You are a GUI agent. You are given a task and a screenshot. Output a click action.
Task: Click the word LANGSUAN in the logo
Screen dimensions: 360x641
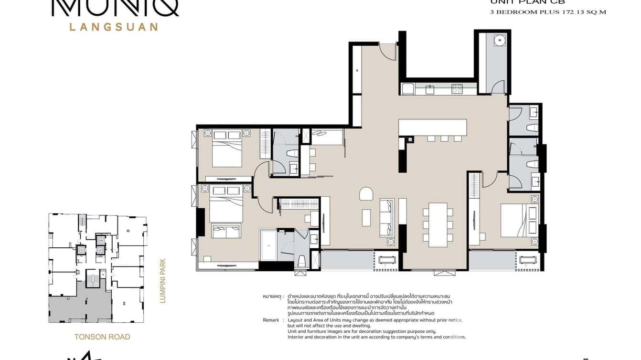[x=114, y=27]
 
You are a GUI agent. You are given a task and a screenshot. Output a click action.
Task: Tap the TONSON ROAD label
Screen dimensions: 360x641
[x=102, y=337]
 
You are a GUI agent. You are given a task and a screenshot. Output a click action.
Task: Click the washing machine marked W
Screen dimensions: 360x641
[x=500, y=41]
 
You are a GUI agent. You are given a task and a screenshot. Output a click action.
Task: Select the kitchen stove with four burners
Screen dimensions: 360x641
[x=457, y=88]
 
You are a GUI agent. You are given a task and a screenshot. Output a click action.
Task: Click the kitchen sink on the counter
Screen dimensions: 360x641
[x=430, y=89]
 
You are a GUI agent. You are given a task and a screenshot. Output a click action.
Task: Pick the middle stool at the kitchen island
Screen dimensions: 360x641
[x=444, y=138]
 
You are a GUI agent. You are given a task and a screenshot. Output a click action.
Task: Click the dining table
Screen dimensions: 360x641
[x=438, y=224]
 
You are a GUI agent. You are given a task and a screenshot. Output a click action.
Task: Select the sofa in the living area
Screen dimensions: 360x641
[x=387, y=217]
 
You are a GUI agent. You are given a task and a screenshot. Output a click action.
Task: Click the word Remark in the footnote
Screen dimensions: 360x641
[x=272, y=320]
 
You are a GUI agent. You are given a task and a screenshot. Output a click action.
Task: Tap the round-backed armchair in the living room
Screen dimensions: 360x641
[x=366, y=194]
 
